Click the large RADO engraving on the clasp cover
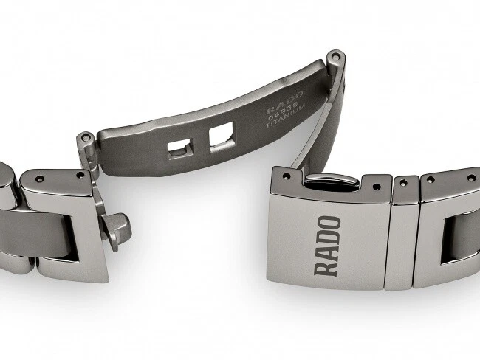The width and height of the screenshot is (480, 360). tap(327, 246)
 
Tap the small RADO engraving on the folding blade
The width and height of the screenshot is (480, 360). tap(284, 101)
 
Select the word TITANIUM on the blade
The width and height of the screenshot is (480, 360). tap(285, 117)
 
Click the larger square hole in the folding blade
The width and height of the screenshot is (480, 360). tap(222, 137)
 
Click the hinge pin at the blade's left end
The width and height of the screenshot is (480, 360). tap(86, 138)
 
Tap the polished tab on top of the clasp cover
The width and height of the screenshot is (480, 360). tap(332, 181)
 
